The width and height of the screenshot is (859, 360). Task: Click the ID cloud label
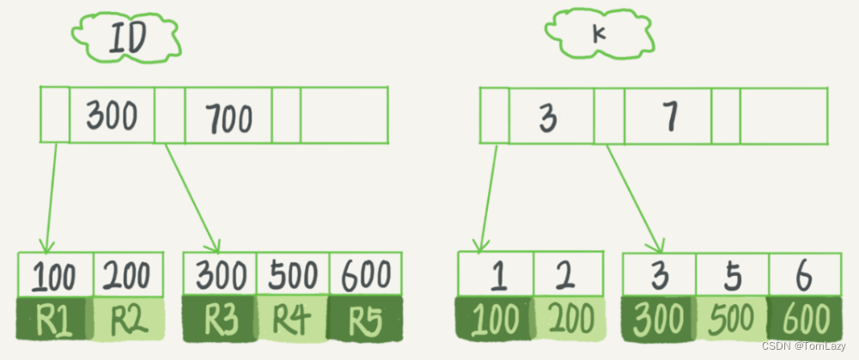126,38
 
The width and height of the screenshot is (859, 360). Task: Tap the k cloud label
599,34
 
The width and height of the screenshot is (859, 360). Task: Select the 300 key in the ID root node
112,115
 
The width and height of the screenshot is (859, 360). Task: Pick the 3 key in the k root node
551,116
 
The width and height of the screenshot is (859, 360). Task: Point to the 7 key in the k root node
668,116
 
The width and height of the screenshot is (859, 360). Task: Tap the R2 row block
128,319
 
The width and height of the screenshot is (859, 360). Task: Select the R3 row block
220,320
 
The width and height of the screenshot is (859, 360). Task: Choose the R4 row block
293,320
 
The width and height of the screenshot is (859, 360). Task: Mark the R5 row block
365,320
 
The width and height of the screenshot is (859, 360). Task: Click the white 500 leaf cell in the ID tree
293,275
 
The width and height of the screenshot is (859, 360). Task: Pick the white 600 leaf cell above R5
366,275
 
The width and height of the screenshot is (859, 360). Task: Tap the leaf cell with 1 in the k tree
496,273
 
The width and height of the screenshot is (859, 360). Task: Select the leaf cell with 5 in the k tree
733,275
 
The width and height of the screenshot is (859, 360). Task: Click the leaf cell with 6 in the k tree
806,275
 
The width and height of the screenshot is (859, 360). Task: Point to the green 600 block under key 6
805,319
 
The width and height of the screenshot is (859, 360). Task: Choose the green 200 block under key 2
569,319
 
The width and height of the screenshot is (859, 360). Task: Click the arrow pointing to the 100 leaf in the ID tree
51,198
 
